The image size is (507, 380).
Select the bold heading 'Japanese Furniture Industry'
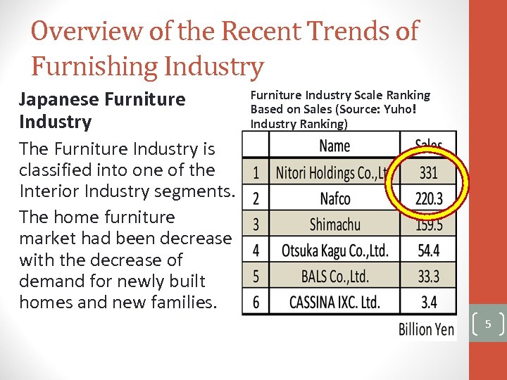[x=102, y=110]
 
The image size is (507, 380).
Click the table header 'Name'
[x=334, y=146]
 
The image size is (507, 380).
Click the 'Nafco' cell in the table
[x=334, y=198]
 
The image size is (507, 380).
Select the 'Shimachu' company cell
[x=334, y=224]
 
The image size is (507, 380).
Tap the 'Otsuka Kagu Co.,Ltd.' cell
[x=334, y=251]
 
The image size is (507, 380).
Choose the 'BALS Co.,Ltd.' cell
[x=334, y=276]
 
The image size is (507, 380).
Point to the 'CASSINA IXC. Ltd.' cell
[x=334, y=302]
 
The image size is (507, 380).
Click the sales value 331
[x=428, y=172]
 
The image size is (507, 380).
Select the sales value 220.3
[x=428, y=199]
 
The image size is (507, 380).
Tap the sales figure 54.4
[x=428, y=251]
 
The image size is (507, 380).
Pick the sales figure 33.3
[x=428, y=276]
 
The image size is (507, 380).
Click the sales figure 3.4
[x=428, y=302]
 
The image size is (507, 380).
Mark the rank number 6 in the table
[x=256, y=302]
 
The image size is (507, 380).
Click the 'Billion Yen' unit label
[x=427, y=329]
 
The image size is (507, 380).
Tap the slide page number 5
[x=487, y=324]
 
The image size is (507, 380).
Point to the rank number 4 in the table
[x=256, y=251]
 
